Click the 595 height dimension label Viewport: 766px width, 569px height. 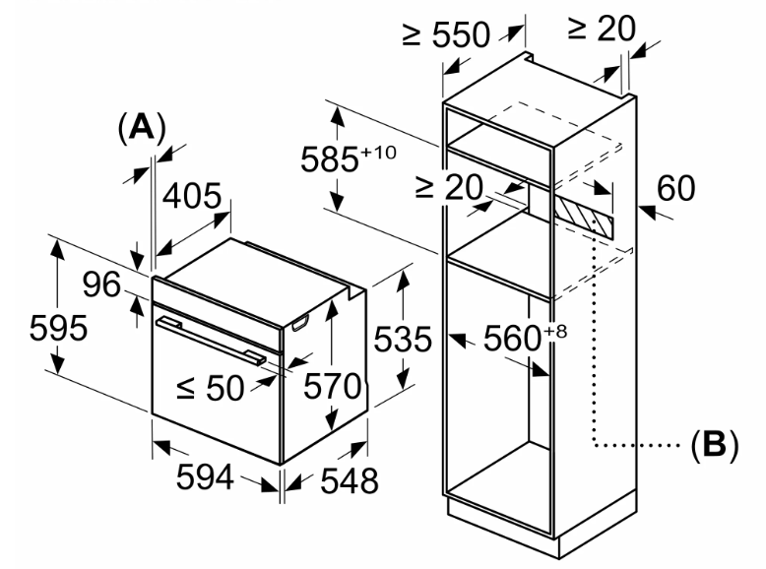coord(59,328)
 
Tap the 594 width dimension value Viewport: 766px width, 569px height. coord(205,477)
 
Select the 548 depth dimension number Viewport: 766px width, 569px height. coord(350,480)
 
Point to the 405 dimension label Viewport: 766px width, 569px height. coord(192,196)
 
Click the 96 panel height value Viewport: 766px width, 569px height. coord(101,284)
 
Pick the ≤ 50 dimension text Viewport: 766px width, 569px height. coord(210,388)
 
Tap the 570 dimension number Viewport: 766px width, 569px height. coord(332,386)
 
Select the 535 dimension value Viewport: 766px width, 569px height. coord(403,339)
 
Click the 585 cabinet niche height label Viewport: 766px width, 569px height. coord(329,159)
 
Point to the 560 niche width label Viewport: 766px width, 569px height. coord(512,338)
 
